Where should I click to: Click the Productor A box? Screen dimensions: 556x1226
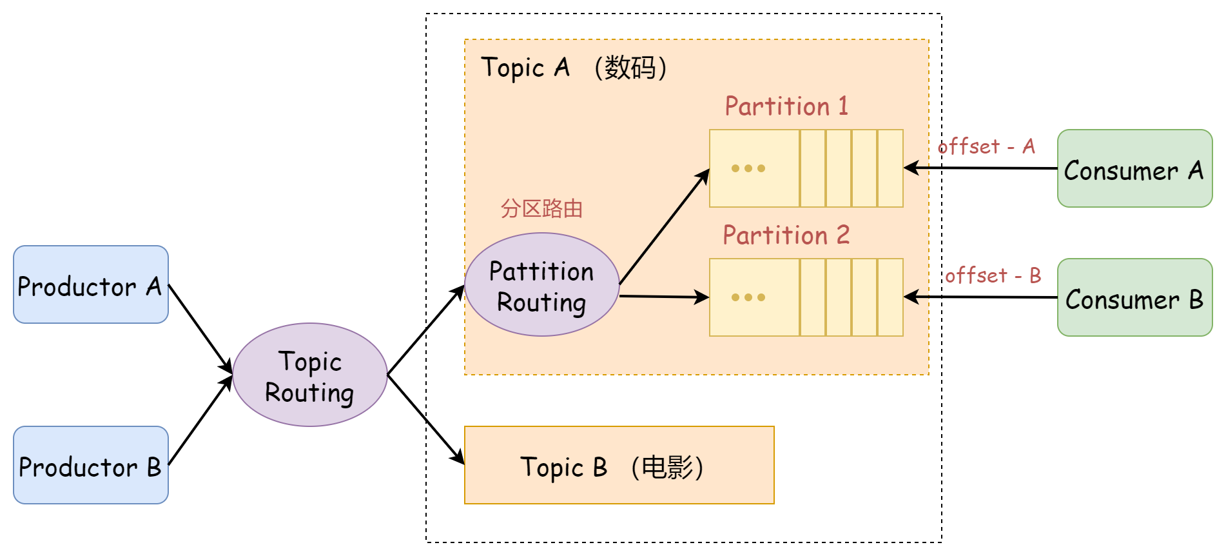pos(90,284)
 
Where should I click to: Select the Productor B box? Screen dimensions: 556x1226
pos(90,465)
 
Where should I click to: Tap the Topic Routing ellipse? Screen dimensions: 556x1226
pos(309,375)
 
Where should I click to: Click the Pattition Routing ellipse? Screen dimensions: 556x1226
pos(541,284)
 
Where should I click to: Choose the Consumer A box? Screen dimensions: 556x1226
pos(1134,168)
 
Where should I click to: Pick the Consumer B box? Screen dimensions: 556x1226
pos(1134,297)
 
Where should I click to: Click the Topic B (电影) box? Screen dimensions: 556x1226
pos(619,465)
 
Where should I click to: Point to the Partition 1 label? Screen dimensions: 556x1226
pos(786,106)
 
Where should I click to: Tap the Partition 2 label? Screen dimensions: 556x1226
pos(786,235)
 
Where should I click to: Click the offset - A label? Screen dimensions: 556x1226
pos(986,147)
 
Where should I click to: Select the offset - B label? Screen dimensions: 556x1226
pos(993,276)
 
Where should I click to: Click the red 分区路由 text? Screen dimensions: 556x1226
pos(541,208)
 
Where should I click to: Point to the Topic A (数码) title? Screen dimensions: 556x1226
pos(574,68)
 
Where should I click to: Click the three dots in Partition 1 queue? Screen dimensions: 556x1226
pos(748,168)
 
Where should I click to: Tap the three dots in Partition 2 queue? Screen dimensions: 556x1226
pos(748,297)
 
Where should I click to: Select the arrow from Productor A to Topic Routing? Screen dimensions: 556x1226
pos(200,328)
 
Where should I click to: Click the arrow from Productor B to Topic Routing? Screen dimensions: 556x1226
pos(200,420)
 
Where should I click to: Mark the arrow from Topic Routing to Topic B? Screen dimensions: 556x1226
pos(425,419)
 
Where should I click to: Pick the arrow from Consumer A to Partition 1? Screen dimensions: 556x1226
pos(980,168)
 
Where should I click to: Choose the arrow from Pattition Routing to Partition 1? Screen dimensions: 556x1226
pos(664,226)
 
